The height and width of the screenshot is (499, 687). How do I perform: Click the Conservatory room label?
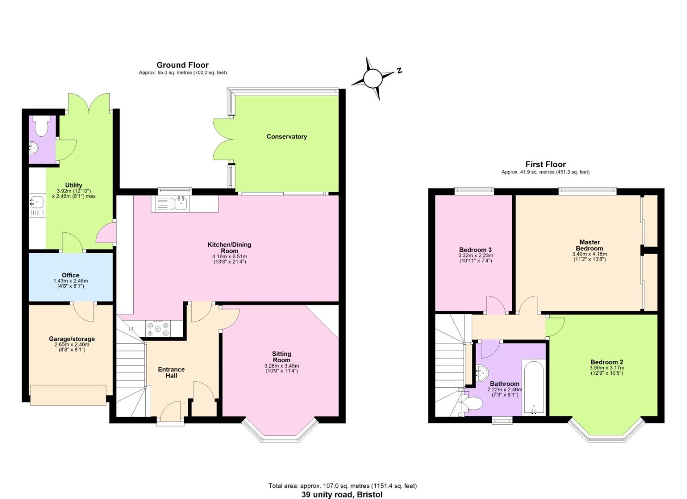click(x=286, y=137)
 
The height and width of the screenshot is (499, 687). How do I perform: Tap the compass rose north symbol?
click(x=372, y=79)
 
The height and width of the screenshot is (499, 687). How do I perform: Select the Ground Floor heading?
click(x=182, y=65)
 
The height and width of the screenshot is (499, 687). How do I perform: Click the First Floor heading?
click(x=545, y=164)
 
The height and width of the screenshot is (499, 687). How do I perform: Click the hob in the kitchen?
click(x=158, y=329)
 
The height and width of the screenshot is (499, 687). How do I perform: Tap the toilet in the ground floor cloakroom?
click(x=42, y=127)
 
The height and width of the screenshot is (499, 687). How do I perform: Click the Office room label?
click(x=70, y=275)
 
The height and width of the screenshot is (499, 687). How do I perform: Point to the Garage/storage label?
click(x=72, y=339)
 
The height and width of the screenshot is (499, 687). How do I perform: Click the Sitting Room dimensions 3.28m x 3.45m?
click(x=281, y=366)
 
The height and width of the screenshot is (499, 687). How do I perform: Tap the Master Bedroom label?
click(x=589, y=245)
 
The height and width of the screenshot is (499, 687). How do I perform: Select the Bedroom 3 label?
click(x=475, y=250)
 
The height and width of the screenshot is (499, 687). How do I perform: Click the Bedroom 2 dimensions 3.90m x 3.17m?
click(x=607, y=368)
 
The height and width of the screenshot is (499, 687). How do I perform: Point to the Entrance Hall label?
click(x=171, y=372)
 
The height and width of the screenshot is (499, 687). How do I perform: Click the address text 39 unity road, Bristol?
click(x=342, y=494)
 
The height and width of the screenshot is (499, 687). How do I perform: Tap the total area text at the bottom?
click(x=342, y=486)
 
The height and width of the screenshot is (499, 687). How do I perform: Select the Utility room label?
click(x=74, y=185)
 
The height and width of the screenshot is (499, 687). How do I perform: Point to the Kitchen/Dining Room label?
click(x=229, y=248)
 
